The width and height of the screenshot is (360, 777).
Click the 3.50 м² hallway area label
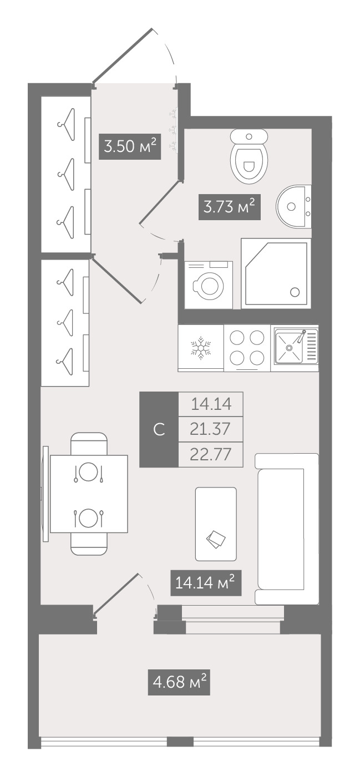(x=130, y=146)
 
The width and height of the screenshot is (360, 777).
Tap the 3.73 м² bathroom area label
(x=229, y=207)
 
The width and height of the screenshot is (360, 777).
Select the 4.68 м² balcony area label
(x=179, y=682)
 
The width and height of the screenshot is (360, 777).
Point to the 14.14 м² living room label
(x=206, y=582)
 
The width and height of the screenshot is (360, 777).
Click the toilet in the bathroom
(x=249, y=156)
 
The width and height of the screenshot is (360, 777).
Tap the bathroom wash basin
(x=294, y=206)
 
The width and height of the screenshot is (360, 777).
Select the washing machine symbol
(x=209, y=285)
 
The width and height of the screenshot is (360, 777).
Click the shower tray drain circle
(x=295, y=292)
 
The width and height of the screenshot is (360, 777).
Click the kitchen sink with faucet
(x=296, y=347)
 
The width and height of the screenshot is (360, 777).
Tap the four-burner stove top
(x=247, y=348)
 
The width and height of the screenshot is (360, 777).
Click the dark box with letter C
(x=159, y=429)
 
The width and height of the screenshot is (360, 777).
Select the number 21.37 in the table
(x=210, y=429)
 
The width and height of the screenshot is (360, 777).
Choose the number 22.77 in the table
(x=211, y=454)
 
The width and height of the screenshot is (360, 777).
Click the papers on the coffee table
(x=216, y=540)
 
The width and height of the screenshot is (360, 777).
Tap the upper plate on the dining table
(x=88, y=472)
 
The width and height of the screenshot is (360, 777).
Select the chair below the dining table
(x=89, y=544)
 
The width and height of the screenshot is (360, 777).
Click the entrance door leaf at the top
(x=123, y=56)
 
